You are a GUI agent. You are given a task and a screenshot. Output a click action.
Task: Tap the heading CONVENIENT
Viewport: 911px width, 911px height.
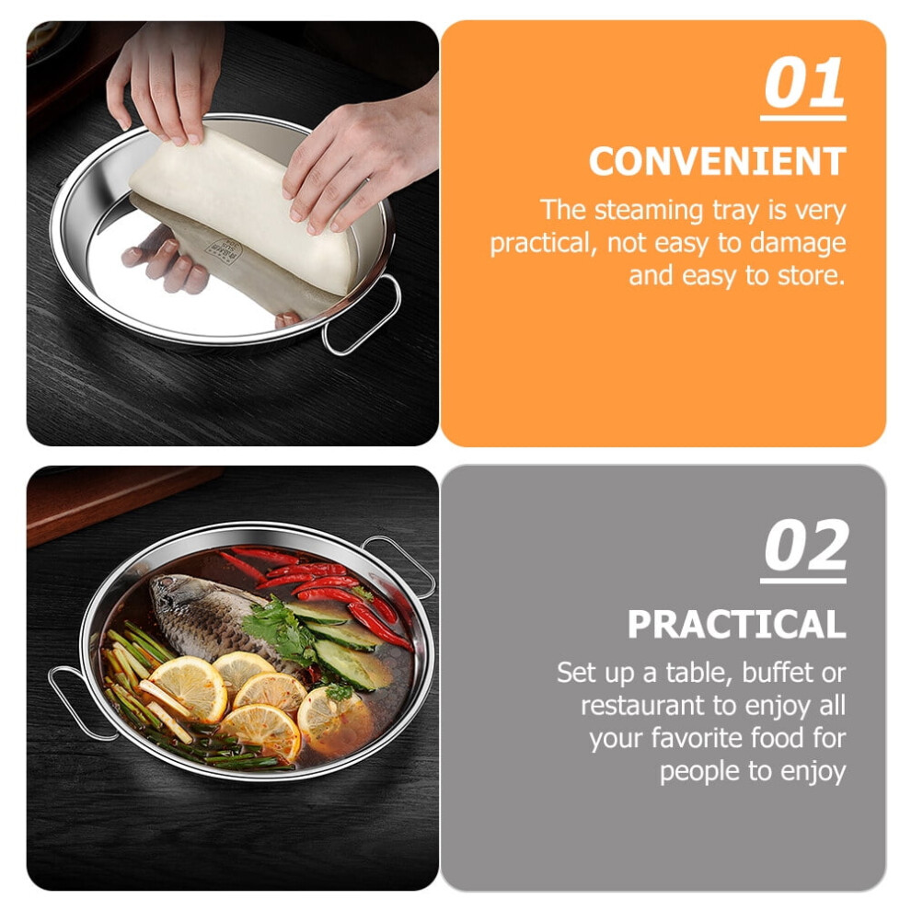[717, 161]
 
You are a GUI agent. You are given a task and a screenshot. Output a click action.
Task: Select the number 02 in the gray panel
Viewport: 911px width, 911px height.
[806, 546]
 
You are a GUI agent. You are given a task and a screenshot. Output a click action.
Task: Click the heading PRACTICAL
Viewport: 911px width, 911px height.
[736, 624]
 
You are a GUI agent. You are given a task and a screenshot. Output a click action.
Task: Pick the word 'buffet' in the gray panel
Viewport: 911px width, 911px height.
[778, 673]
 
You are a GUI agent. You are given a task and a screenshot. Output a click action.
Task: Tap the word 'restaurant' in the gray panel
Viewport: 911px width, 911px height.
[642, 706]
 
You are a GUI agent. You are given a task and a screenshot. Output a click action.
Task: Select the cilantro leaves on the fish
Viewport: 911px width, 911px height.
[282, 631]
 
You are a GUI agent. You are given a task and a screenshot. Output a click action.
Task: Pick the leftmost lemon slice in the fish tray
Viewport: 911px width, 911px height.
[189, 688]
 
